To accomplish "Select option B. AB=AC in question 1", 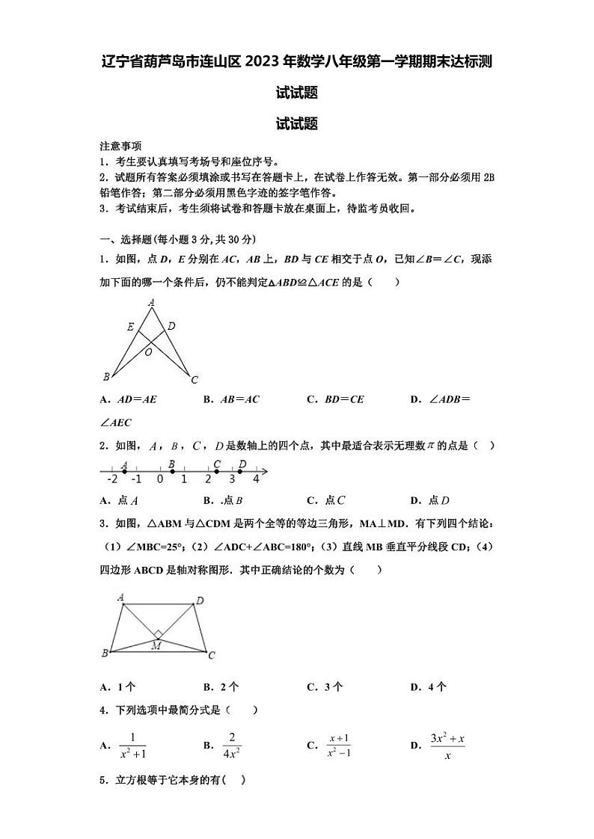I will coord(231,399).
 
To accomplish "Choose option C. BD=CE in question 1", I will coord(335,399).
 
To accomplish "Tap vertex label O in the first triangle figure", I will coord(149,351).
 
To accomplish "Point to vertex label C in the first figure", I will coord(195,380).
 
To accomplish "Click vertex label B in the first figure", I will coord(106,376).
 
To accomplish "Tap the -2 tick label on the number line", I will coord(112,479).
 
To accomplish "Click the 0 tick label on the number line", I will coord(159,479).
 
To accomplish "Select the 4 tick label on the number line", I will coord(256,479).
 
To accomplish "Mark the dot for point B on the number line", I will coord(171,472).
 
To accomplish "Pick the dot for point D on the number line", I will coord(240,472).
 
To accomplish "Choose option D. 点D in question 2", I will coord(430,501).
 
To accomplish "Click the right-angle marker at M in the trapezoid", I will coord(158,635).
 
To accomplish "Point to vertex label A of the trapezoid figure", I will coord(121,597).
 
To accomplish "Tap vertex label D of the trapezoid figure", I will coord(200,600).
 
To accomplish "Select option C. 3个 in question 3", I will coord(325,686).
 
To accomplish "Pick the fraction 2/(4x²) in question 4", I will coord(232,746).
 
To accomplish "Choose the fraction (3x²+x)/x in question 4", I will coord(447,746).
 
